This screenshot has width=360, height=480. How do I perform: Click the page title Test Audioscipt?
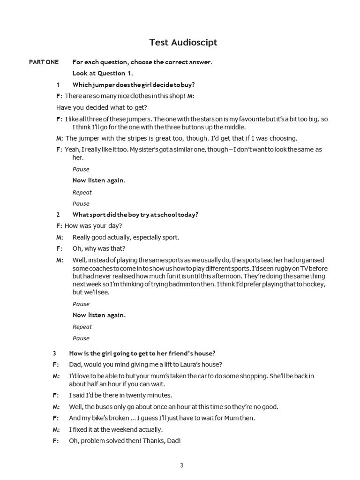tap(183, 43)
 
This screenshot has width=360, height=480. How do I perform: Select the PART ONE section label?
tap(44, 62)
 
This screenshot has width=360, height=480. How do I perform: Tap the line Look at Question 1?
tap(103, 73)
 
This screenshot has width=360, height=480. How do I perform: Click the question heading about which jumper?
tap(133, 85)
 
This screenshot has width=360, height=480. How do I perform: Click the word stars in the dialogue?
tap(195, 119)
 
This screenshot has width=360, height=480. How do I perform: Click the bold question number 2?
tap(58, 215)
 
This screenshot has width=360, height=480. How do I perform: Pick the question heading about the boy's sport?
tap(135, 215)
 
